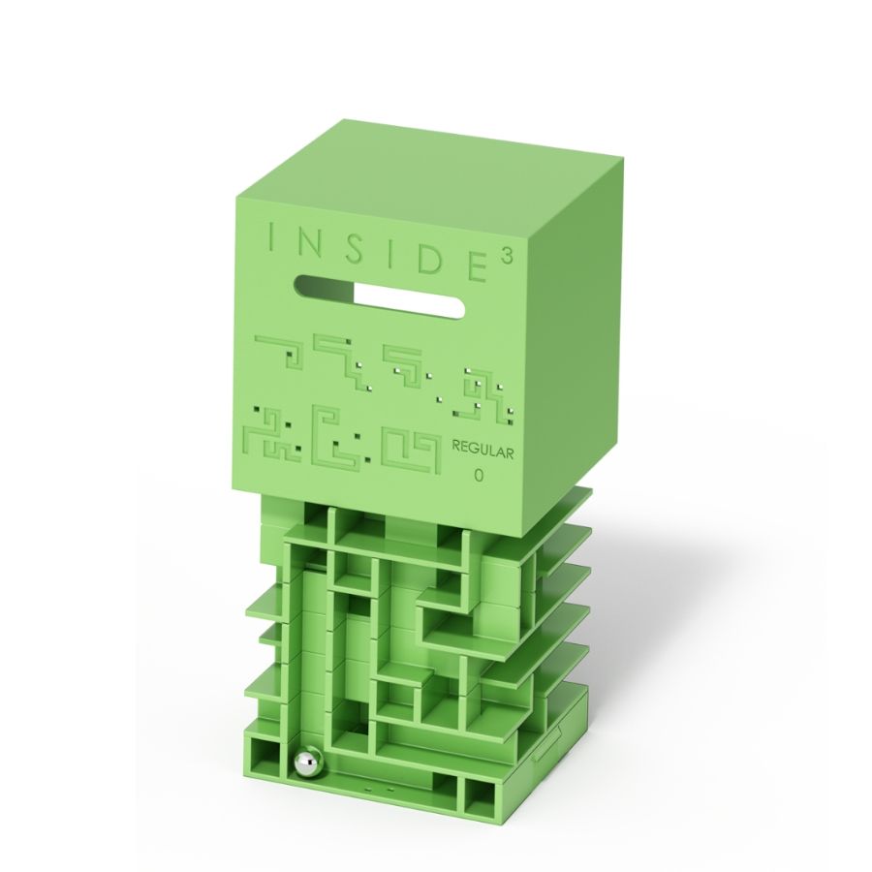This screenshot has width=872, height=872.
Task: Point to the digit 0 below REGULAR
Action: (479, 476)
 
